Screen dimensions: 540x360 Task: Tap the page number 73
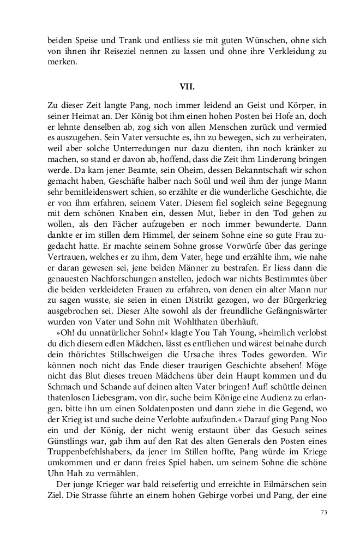tap(323, 513)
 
